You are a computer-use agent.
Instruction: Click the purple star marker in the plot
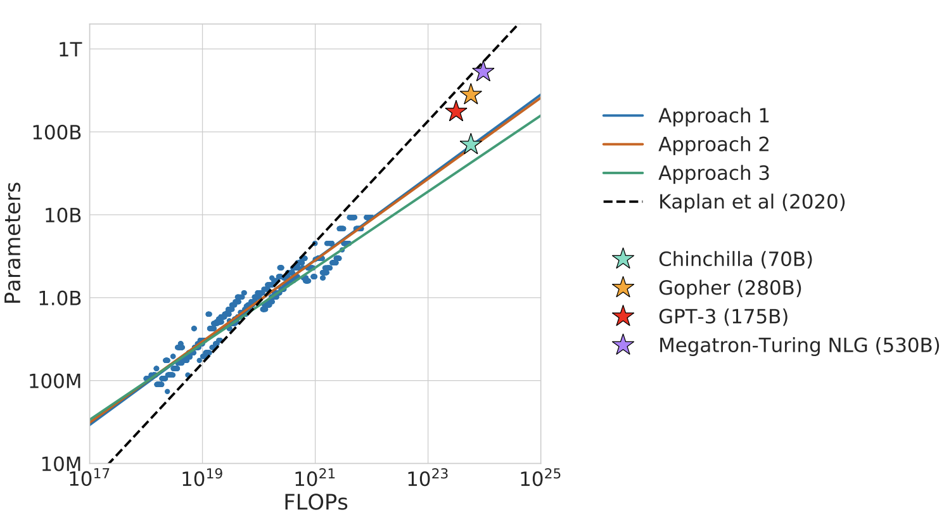(483, 72)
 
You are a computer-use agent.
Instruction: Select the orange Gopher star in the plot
(471, 94)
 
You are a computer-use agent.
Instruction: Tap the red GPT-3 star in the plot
(456, 112)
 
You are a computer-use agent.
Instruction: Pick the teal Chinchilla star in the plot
(471, 144)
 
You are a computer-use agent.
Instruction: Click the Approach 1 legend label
(714, 115)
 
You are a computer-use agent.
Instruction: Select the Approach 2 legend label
(714, 144)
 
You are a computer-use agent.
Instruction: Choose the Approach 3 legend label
(714, 173)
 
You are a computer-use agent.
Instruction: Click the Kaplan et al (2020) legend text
(752, 202)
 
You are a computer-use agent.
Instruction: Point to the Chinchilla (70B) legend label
(736, 259)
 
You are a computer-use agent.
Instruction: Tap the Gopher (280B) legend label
(730, 288)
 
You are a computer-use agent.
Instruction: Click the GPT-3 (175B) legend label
(723, 316)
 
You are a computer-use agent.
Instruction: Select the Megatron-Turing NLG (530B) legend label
(799, 345)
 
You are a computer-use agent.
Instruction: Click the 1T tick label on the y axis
(70, 49)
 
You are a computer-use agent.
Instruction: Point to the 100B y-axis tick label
(56, 132)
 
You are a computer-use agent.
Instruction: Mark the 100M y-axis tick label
(54, 381)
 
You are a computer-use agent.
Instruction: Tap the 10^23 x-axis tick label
(427, 478)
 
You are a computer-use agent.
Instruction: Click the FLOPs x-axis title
(316, 502)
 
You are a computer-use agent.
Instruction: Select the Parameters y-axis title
(13, 243)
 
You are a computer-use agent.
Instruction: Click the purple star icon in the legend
(623, 345)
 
